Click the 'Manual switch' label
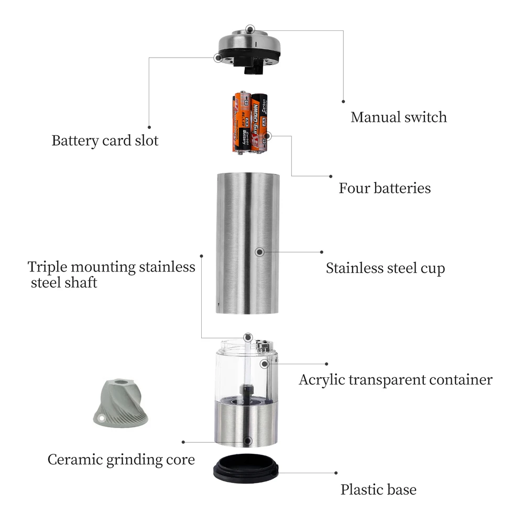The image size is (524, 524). point(398,117)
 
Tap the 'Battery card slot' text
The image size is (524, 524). point(105,140)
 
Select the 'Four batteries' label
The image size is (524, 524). point(385,188)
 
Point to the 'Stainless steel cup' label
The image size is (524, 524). point(385,268)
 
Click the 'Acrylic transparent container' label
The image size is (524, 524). point(396,380)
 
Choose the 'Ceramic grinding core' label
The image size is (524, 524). point(121,460)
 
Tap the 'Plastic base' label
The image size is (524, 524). point(378,489)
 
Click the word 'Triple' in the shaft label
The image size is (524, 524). point(48,267)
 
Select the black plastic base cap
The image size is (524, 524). point(246,468)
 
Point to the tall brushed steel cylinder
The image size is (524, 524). point(247,243)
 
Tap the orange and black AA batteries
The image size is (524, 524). point(249,123)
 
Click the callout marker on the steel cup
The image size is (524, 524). point(260,252)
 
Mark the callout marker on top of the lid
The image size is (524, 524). point(249,29)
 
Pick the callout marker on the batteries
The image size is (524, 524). point(267,136)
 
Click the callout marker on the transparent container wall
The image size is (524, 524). point(264,364)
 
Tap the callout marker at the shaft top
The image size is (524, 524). point(248,337)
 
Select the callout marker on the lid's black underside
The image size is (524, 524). point(218,58)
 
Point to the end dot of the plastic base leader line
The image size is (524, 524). point(336,473)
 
